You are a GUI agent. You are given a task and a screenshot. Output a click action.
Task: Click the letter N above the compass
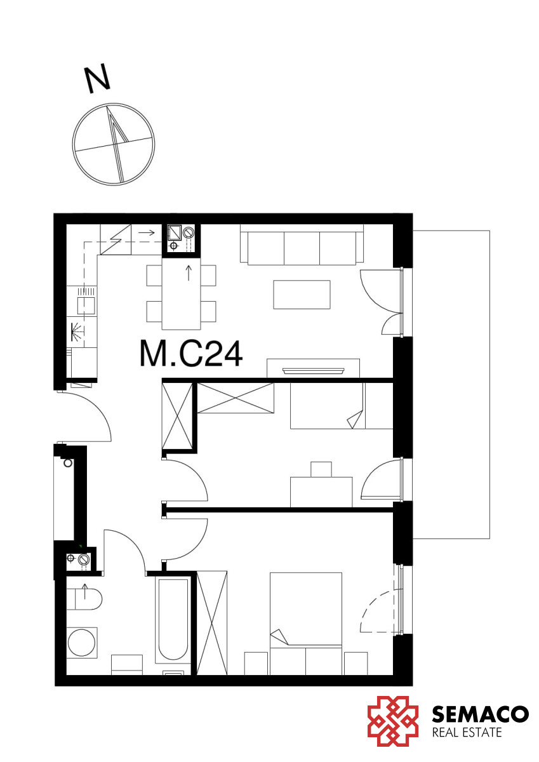point(98,79)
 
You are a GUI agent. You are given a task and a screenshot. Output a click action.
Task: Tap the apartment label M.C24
point(191,354)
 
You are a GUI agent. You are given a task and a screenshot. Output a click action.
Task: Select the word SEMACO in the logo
point(480,716)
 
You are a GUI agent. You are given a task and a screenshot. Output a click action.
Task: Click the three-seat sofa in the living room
point(302,244)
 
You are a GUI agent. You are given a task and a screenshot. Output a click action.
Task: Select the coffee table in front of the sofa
point(302,295)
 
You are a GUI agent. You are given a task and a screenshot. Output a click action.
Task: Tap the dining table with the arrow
point(181,294)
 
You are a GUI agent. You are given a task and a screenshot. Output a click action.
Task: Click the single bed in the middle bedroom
point(342,406)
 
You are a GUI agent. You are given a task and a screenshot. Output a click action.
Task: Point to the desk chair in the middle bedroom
point(321,469)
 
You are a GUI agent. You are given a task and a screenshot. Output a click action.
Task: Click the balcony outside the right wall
point(451,384)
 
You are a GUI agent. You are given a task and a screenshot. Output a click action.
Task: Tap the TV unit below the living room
point(313,368)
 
